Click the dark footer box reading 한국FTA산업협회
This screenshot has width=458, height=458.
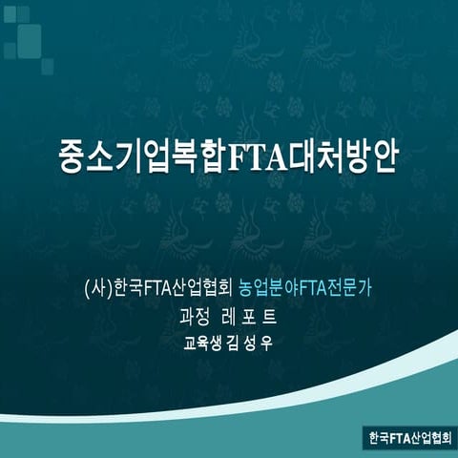(x=409, y=438)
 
